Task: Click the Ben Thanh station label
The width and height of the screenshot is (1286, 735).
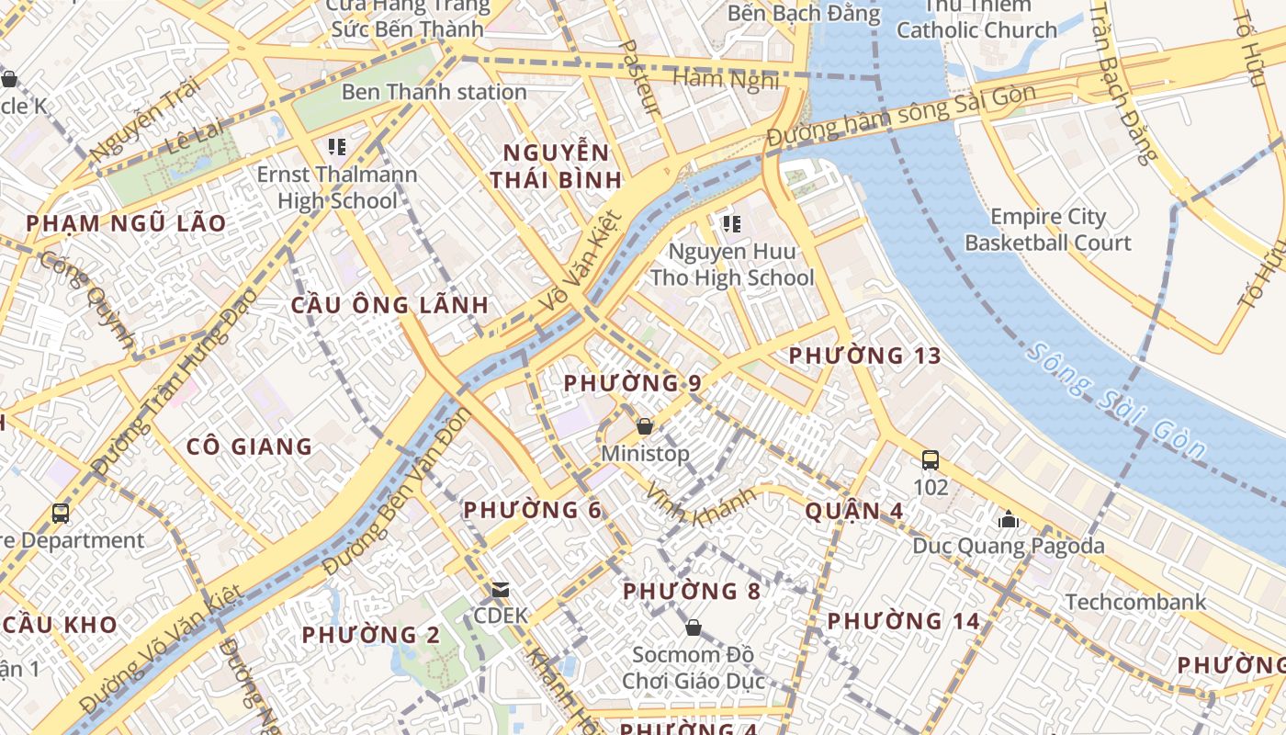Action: (434, 92)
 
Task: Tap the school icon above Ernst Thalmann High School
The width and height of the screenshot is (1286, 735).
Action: (336, 147)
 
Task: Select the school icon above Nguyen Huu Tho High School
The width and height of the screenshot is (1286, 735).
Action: (731, 224)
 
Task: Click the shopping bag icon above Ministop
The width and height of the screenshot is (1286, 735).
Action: (645, 426)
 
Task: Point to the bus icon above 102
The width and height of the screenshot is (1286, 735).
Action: (931, 459)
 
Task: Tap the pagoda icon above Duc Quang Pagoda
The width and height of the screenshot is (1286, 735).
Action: (1009, 520)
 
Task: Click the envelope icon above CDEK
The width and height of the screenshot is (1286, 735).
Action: (501, 589)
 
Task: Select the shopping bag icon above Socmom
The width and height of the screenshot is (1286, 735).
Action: (694, 628)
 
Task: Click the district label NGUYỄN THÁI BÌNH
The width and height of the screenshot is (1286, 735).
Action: (556, 166)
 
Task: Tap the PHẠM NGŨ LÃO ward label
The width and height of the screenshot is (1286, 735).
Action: (126, 223)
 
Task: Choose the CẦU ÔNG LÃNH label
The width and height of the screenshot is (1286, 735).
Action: (389, 305)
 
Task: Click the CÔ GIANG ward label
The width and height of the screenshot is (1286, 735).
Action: (249, 447)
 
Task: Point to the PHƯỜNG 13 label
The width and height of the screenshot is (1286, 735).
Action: (864, 356)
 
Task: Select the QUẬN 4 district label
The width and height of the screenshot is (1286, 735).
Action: (853, 511)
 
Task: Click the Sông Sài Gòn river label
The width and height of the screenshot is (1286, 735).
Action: (1115, 401)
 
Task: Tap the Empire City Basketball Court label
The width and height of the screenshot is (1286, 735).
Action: (1048, 230)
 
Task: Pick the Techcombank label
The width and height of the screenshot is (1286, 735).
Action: (1135, 602)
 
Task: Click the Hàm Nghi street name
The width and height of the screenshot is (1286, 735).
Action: (725, 79)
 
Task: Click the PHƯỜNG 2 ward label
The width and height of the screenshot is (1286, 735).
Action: (370, 635)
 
